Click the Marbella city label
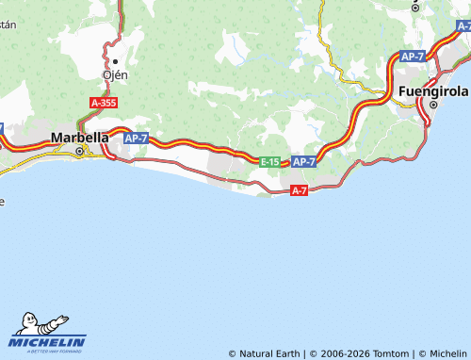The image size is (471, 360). pos(79,137)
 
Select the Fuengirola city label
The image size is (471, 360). pos(434,90)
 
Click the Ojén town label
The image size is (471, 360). pos(114,74)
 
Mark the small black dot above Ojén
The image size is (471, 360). pos(115,62)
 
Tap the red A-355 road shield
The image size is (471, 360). pos(105,102)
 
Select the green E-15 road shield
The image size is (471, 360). pos(269,162)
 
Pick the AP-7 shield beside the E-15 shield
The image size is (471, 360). pos(303,162)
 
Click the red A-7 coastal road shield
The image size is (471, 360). pos(300,190)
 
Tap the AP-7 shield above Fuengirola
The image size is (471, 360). pos(413,57)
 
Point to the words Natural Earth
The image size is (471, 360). pos(269,353)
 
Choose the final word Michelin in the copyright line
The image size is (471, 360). pos(448,353)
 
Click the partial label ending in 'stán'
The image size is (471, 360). pos(8,25)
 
